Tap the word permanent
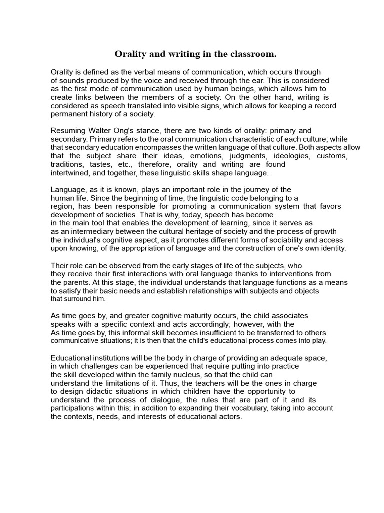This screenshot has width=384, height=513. (x=68, y=114)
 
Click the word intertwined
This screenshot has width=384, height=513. (x=70, y=173)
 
